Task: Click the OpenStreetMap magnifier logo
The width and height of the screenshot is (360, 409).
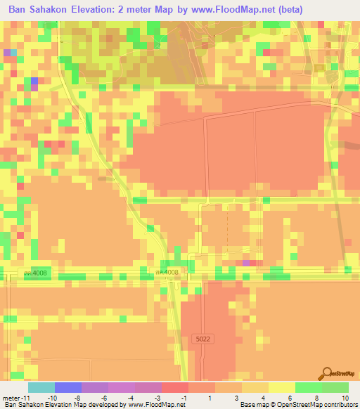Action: click(x=327, y=373)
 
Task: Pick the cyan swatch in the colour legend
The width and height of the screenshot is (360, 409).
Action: click(x=41, y=387)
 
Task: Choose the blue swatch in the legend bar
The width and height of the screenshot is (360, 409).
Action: click(x=68, y=387)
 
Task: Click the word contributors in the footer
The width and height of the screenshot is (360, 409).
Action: click(x=339, y=405)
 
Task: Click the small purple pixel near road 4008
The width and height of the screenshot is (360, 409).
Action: click(x=246, y=263)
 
